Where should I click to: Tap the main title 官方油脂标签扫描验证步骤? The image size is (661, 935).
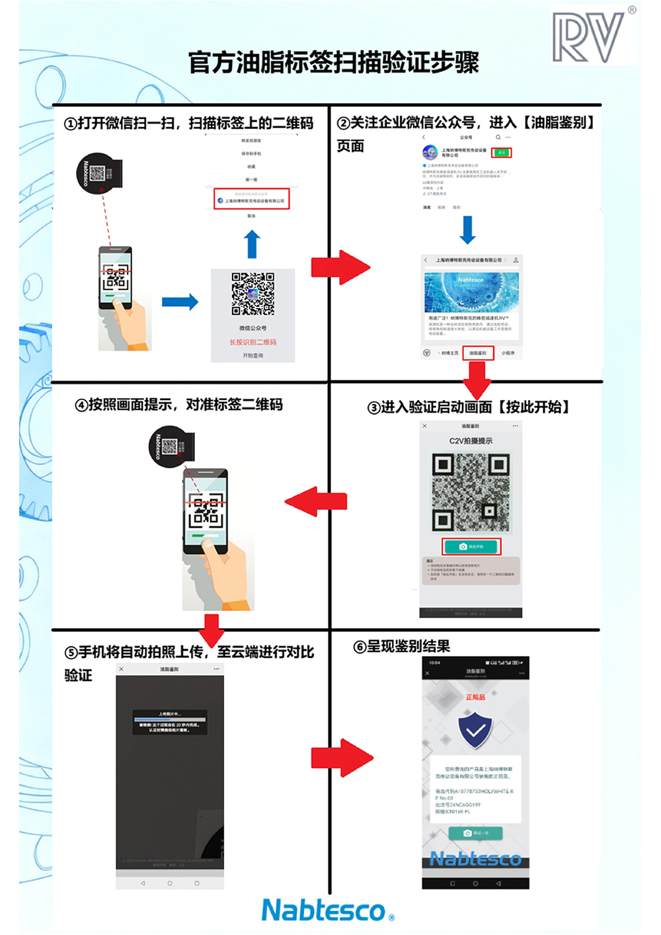pyautogui.click(x=333, y=63)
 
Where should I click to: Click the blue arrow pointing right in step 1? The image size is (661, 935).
pyautogui.click(x=180, y=302)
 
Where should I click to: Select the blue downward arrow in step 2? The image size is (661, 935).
pyautogui.click(x=467, y=229)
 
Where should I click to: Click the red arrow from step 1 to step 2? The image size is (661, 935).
pyautogui.click(x=340, y=267)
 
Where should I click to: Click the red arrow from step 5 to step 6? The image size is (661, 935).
pyautogui.click(x=341, y=757)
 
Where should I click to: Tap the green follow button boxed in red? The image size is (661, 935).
pyautogui.click(x=502, y=153)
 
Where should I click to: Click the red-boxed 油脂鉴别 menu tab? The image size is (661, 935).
pyautogui.click(x=477, y=353)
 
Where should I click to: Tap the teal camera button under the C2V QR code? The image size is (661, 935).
pyautogui.click(x=471, y=546)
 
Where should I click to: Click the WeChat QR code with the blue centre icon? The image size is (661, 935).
pyautogui.click(x=253, y=293)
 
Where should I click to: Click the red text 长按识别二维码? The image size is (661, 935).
pyautogui.click(x=253, y=342)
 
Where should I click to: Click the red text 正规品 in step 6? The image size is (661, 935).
pyautogui.click(x=475, y=697)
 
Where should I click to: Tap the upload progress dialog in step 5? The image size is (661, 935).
pyautogui.click(x=170, y=722)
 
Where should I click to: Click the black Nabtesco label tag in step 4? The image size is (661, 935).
pyautogui.click(x=171, y=447)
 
